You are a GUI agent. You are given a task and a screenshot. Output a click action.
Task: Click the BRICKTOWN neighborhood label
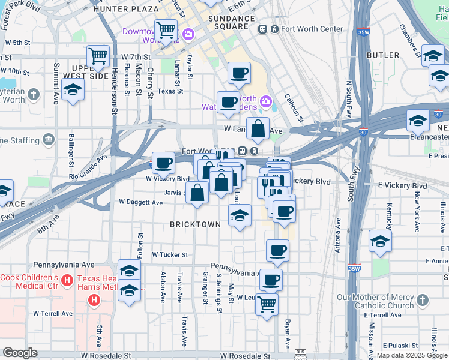pos(195,224)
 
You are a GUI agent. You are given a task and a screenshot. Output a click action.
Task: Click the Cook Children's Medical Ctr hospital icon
pos(67,280)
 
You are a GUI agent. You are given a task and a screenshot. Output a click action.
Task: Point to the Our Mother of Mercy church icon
pos(423,299)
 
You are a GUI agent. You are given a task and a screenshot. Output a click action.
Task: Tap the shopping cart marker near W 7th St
pos(97,56)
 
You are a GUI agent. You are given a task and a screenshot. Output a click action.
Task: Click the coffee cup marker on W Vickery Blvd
pos(163,162)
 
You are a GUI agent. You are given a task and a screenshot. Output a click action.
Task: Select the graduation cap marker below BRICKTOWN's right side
pos(240,215)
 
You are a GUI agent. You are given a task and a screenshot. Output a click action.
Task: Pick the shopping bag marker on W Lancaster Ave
pos(258,128)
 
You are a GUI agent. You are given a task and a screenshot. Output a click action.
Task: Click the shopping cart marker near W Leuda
pos(267,303)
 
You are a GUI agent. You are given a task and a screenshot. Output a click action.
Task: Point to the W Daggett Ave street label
pos(141,203)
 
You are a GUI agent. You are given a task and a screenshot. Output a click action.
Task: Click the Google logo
pos(20,353)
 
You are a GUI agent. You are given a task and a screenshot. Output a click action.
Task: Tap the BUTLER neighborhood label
pos(382,55)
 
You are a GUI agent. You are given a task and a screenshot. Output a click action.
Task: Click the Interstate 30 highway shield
pos(440,113)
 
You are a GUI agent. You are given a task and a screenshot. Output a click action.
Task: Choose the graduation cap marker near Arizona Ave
pos(380,241)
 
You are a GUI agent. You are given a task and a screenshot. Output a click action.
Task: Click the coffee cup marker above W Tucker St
pos(277,250)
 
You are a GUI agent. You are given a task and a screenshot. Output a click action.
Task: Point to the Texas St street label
pos(170,91)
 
